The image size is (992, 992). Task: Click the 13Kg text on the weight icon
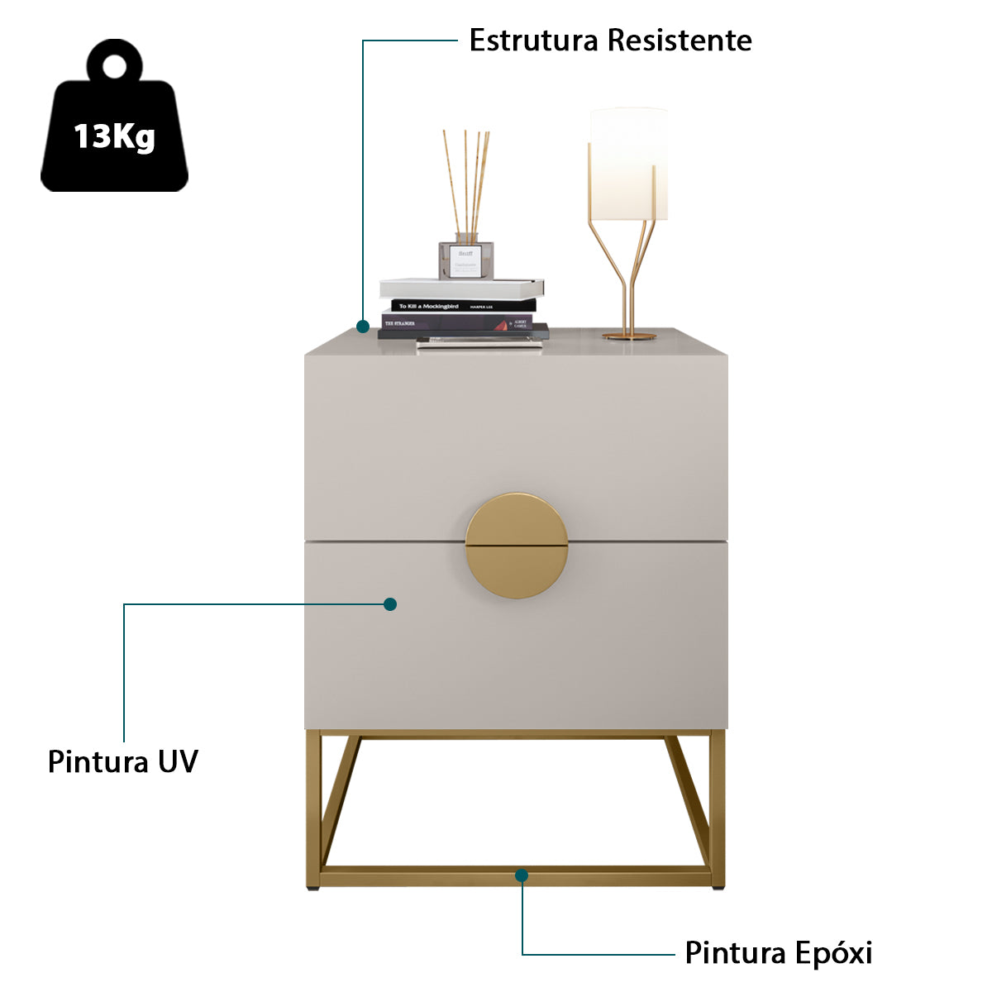[x=114, y=136]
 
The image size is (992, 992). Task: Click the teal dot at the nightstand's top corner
[x=362, y=327]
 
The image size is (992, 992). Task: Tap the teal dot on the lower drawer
[x=390, y=604]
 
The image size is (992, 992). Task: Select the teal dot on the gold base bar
[x=522, y=875]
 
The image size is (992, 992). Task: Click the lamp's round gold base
[x=629, y=336]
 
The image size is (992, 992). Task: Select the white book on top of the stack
[x=460, y=288]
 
